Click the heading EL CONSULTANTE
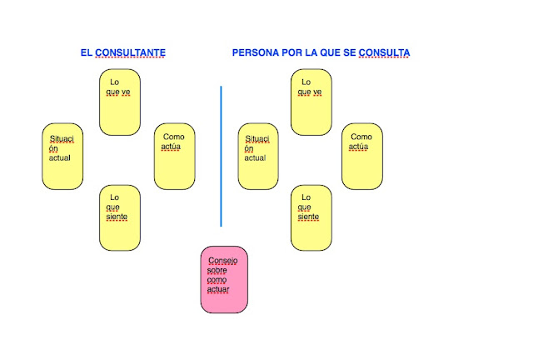point(123,52)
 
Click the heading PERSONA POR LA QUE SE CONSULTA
point(321,52)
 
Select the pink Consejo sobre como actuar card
point(224,279)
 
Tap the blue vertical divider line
point(222,155)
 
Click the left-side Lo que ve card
point(120,102)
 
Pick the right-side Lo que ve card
point(311,102)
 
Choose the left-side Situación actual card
point(62,156)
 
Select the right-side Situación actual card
point(258,156)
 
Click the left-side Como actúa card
point(174,156)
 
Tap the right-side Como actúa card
point(362,156)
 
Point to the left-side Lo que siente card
point(120,217)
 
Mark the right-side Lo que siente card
point(311,217)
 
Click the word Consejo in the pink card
point(222,261)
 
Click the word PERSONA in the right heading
point(256,52)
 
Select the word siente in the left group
point(117,217)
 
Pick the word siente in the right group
point(308,217)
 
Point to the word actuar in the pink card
point(219,290)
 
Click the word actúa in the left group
point(172,147)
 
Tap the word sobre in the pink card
point(217,270)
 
